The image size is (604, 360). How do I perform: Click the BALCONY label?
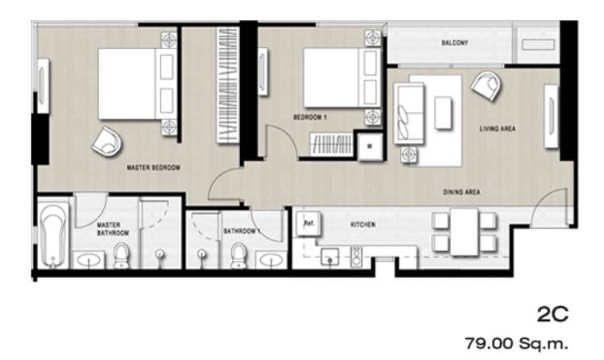coord(454,43)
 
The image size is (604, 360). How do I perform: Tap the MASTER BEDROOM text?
coord(154,168)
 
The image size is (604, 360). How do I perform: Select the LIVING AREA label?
coord(498,129)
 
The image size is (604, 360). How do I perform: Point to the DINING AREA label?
coord(461,192)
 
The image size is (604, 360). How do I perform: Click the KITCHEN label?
coord(363,225)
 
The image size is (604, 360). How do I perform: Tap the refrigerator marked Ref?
coord(308,224)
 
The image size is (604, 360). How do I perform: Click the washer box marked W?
coord(370,147)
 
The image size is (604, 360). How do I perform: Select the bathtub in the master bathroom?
coord(53,235)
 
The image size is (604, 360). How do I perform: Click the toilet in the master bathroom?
coord(122,255)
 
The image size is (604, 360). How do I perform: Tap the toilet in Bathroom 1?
coord(239,255)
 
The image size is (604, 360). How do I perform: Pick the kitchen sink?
coord(329,257)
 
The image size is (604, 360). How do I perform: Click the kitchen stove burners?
coord(356,257)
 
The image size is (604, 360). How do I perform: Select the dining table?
coord(464,232)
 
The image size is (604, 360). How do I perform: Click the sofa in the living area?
coord(408,114)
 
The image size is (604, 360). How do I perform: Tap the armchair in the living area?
coord(486,87)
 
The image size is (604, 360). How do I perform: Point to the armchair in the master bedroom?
coord(106,141)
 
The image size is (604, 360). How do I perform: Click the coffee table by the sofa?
coord(443,114)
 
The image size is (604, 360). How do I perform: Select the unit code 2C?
coord(552,315)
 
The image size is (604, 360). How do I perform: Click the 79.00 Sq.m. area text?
coord(516,343)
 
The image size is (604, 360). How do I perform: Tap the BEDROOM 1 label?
coord(310,117)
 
